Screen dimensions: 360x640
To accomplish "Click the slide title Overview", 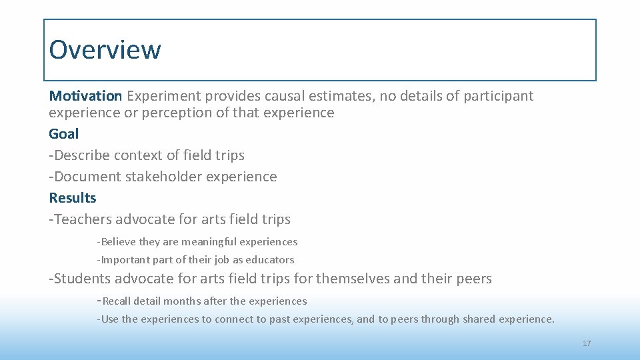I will (105, 49).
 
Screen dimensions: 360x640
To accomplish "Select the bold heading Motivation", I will (85, 96).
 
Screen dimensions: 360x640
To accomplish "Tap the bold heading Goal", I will (63, 134).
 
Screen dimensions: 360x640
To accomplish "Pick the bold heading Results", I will (73, 198).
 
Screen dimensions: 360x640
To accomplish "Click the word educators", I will (270, 260).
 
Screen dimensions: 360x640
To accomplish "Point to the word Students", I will (82, 279).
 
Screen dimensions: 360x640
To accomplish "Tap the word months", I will (182, 301).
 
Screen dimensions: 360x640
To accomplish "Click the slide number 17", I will (587, 343).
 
